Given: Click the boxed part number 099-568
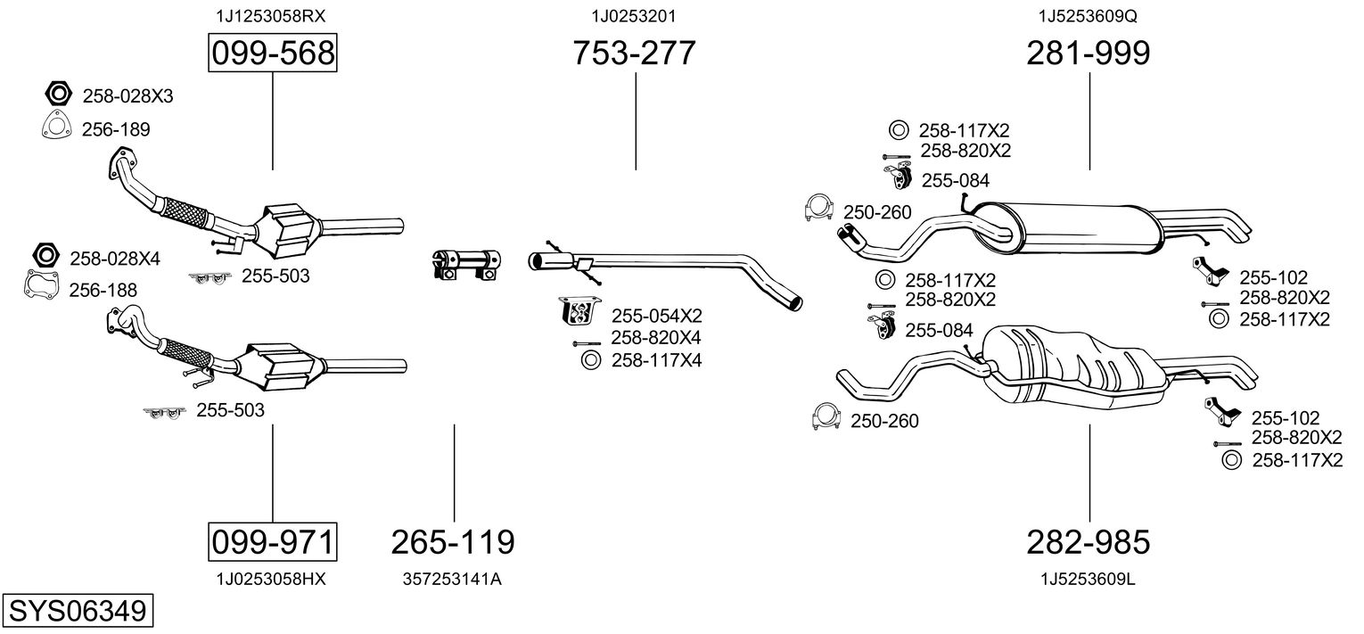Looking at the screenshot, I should (272, 54).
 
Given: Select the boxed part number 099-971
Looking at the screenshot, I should (272, 541).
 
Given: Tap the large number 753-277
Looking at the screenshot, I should (635, 54).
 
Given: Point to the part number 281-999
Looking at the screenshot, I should (1089, 54).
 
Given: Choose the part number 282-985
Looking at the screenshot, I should (1089, 541).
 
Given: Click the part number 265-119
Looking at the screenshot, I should (454, 541).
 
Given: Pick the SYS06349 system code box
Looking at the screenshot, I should (77, 612).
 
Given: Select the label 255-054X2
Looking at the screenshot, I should (656, 315).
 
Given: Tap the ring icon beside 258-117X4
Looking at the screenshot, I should (590, 360).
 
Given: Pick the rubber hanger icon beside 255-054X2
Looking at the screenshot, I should (577, 311).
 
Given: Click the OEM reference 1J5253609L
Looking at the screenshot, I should (1088, 579).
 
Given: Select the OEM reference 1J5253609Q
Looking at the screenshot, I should (1088, 16).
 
